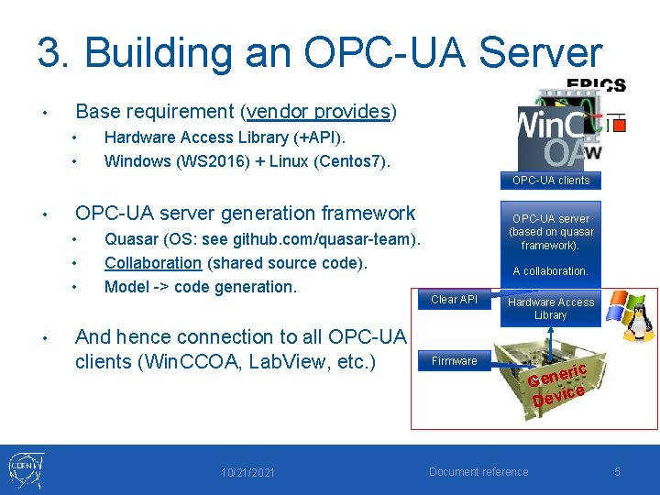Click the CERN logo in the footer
click(25, 470)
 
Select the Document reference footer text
click(478, 472)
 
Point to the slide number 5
click(617, 472)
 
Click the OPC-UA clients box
click(550, 181)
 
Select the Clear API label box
click(455, 300)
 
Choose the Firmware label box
click(455, 361)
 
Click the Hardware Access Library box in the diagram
click(551, 309)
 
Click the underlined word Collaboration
click(152, 263)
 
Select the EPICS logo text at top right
click(596, 86)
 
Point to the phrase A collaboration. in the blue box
click(550, 271)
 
